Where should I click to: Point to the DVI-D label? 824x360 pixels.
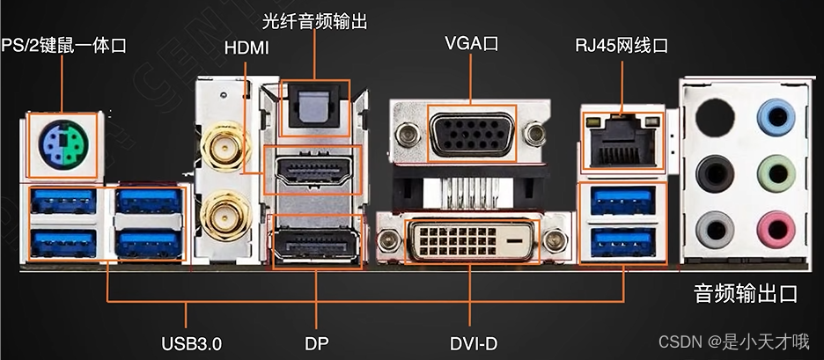[471, 342]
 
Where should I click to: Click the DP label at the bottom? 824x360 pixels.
[316, 342]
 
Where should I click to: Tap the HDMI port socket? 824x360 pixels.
[314, 171]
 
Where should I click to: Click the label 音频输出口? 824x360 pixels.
[745, 293]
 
